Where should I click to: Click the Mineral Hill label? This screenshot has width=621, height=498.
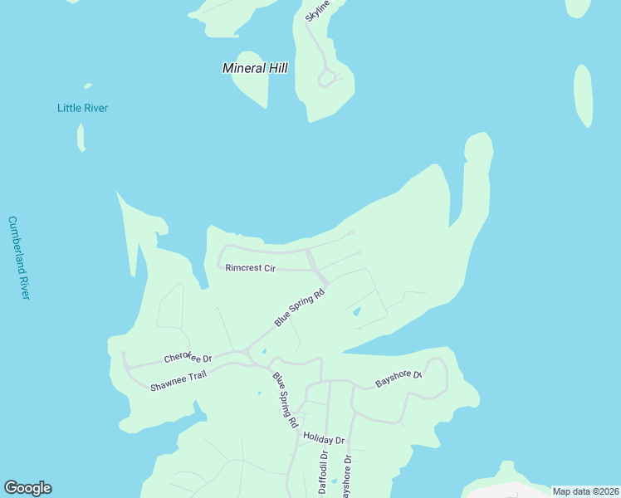tap(255, 68)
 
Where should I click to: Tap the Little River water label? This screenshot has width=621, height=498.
tap(82, 108)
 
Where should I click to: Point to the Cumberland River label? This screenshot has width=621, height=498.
tap(19, 257)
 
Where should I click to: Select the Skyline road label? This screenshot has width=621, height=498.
tap(317, 11)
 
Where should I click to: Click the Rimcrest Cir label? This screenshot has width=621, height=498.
tap(250, 268)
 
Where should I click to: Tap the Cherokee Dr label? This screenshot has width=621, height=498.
tap(188, 358)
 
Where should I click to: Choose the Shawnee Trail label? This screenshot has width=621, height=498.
tap(178, 381)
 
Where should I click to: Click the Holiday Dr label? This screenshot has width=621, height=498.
tap(323, 437)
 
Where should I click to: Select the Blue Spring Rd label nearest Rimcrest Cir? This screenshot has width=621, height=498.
tap(299, 307)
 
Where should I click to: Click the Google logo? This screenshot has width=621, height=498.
tap(27, 488)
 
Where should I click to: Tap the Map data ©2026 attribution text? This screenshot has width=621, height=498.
tap(585, 491)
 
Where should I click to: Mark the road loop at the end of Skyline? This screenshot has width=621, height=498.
tap(327, 78)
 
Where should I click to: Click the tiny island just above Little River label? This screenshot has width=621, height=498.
tap(87, 85)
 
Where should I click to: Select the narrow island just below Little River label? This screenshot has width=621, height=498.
tap(81, 138)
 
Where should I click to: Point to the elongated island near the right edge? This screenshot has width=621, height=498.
tap(583, 95)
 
